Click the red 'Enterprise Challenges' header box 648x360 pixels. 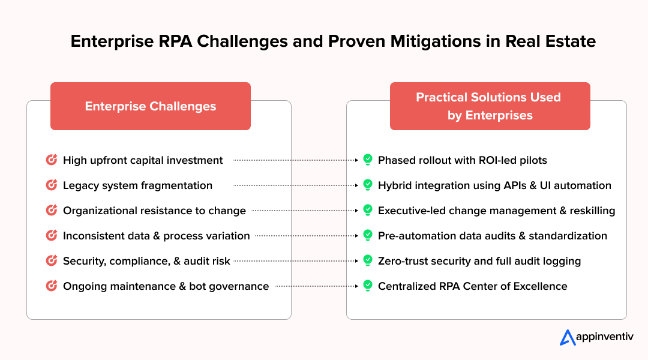pyautogui.click(x=150, y=106)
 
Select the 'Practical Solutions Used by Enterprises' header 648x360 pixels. pyautogui.click(x=490, y=106)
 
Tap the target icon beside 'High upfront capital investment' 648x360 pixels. pyautogui.click(x=52, y=160)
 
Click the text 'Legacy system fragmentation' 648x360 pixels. pyautogui.click(x=137, y=185)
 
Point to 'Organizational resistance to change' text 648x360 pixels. pyautogui.click(x=154, y=211)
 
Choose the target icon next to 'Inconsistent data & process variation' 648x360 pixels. pyautogui.click(x=52, y=236)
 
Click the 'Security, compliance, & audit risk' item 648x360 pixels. pyautogui.click(x=146, y=261)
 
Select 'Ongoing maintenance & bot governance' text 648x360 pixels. pyautogui.click(x=166, y=286)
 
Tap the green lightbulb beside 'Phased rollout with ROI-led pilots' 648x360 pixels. pyautogui.click(x=368, y=160)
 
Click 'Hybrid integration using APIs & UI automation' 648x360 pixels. pyautogui.click(x=494, y=185)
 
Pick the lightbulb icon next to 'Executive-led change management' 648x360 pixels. pyautogui.click(x=368, y=211)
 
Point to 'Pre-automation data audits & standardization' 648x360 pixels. pyautogui.click(x=492, y=236)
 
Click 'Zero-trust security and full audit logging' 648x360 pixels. pyautogui.click(x=479, y=261)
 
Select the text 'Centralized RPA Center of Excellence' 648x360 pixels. pyautogui.click(x=472, y=286)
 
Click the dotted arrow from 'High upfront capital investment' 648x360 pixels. pyautogui.click(x=296, y=160)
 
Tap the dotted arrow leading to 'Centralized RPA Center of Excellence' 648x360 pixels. pyautogui.click(x=317, y=286)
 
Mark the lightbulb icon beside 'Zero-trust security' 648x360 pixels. pyautogui.click(x=368, y=261)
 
